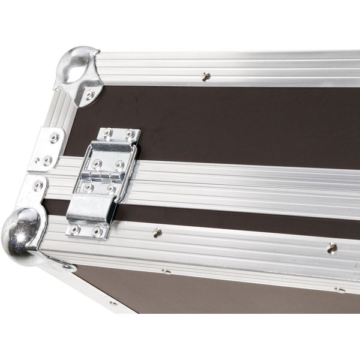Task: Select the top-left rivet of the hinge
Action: pyautogui.click(x=108, y=133)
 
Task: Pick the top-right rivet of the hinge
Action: pyautogui.click(x=130, y=134)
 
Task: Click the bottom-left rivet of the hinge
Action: pyautogui.click(x=75, y=229)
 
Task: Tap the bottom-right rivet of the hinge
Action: pyautogui.click(x=97, y=230)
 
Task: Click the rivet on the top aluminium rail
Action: pyautogui.click(x=206, y=76)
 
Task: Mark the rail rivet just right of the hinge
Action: pyautogui.click(x=157, y=232)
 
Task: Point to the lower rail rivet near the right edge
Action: pyautogui.click(x=331, y=247)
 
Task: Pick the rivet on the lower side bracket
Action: pyautogui.click(x=38, y=185)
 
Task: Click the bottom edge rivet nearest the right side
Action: pyautogui.click(x=340, y=289)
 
